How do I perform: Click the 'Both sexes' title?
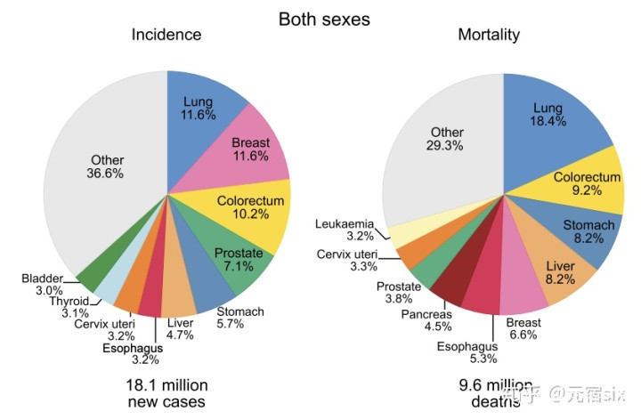[324, 18]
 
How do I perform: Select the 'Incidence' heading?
[166, 36]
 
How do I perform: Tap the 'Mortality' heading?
[489, 36]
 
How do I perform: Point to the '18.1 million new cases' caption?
[166, 394]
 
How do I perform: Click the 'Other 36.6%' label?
[106, 166]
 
